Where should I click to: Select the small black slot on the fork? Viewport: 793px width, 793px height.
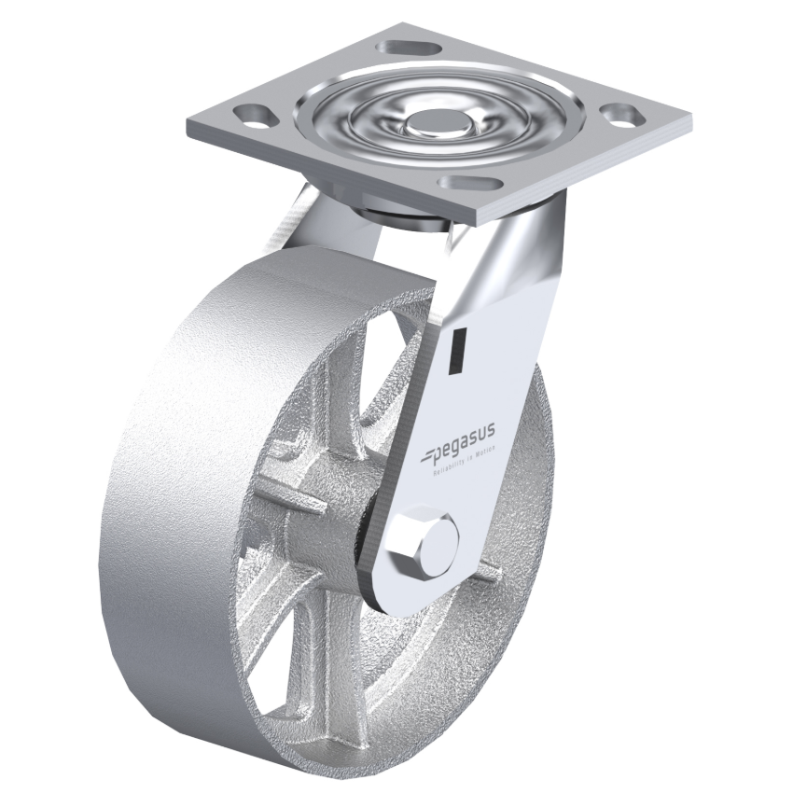pos(457,353)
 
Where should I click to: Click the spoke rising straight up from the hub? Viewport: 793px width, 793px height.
pos(355,410)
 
